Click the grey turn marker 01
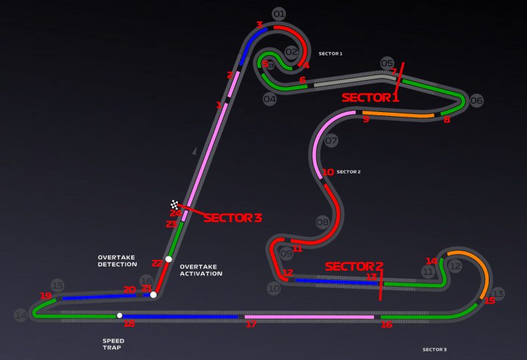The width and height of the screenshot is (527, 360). click(x=279, y=14)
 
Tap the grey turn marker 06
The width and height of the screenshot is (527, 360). click(x=476, y=101)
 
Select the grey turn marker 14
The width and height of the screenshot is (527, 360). click(x=21, y=315)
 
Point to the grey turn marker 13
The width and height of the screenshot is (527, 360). click(x=498, y=294)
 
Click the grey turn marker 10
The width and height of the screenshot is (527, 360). click(x=274, y=289)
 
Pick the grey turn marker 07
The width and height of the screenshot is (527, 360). click(x=332, y=141)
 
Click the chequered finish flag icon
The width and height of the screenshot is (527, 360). click(x=175, y=205)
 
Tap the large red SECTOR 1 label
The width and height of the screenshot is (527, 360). click(x=370, y=97)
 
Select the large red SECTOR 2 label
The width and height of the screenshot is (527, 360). click(x=354, y=266)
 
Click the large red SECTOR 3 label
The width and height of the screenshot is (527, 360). click(x=233, y=217)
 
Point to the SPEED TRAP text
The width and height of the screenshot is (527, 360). click(x=113, y=345)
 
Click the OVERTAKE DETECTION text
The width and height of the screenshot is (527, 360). click(x=117, y=261)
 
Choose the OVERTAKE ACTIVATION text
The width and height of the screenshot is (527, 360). click(x=201, y=269)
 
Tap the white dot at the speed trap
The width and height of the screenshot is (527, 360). click(x=119, y=315)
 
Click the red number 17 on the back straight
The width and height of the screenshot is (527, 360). click(x=251, y=324)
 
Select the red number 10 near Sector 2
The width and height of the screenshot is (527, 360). click(x=328, y=172)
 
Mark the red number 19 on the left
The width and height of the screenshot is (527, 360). click(x=45, y=296)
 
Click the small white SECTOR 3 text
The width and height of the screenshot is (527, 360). click(x=434, y=349)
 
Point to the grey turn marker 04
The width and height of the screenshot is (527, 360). click(x=270, y=99)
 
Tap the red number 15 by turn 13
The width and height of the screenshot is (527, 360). click(x=490, y=301)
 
